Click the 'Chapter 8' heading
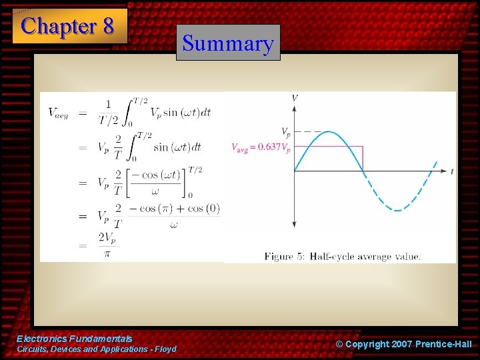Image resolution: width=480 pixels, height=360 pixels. point(69,27)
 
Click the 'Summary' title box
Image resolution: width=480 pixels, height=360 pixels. point(228,44)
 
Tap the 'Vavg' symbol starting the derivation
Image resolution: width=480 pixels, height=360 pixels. point(58,112)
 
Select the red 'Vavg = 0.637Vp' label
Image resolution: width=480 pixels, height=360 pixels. point(261,147)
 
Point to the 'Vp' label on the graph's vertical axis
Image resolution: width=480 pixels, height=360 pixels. point(285,131)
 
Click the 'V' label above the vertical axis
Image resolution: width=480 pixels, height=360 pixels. point(295,99)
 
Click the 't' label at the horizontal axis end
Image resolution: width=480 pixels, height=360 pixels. point(451,171)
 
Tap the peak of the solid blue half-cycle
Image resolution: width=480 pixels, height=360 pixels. point(329,133)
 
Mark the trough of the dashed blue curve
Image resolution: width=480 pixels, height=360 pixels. point(397,210)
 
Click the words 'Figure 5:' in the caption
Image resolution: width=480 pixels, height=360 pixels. point(284,256)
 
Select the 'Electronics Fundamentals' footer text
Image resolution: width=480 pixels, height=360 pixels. point(74,339)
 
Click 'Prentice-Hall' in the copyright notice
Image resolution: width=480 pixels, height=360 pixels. point(443,344)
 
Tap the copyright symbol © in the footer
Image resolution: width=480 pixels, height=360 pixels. point(339,344)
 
